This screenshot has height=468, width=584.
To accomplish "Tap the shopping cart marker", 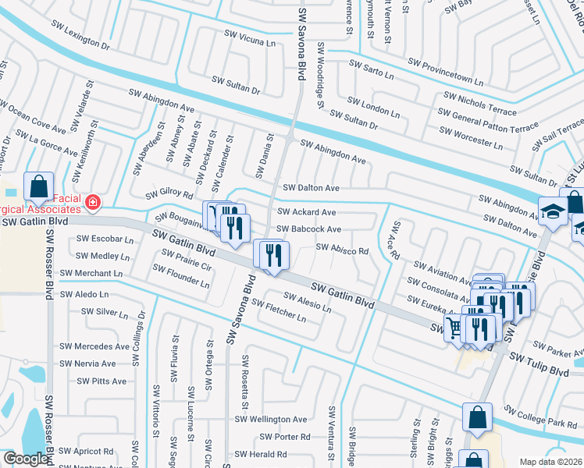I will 455,328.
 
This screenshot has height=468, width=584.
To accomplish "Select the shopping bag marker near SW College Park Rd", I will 476,417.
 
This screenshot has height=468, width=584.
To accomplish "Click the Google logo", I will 26,459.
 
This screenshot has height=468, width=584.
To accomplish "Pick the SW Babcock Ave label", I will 310,229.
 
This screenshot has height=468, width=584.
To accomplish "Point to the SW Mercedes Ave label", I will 94,346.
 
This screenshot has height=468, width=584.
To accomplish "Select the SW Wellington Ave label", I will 272,420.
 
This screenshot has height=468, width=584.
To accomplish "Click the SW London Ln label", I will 373,108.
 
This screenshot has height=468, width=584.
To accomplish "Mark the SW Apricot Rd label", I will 86,451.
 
